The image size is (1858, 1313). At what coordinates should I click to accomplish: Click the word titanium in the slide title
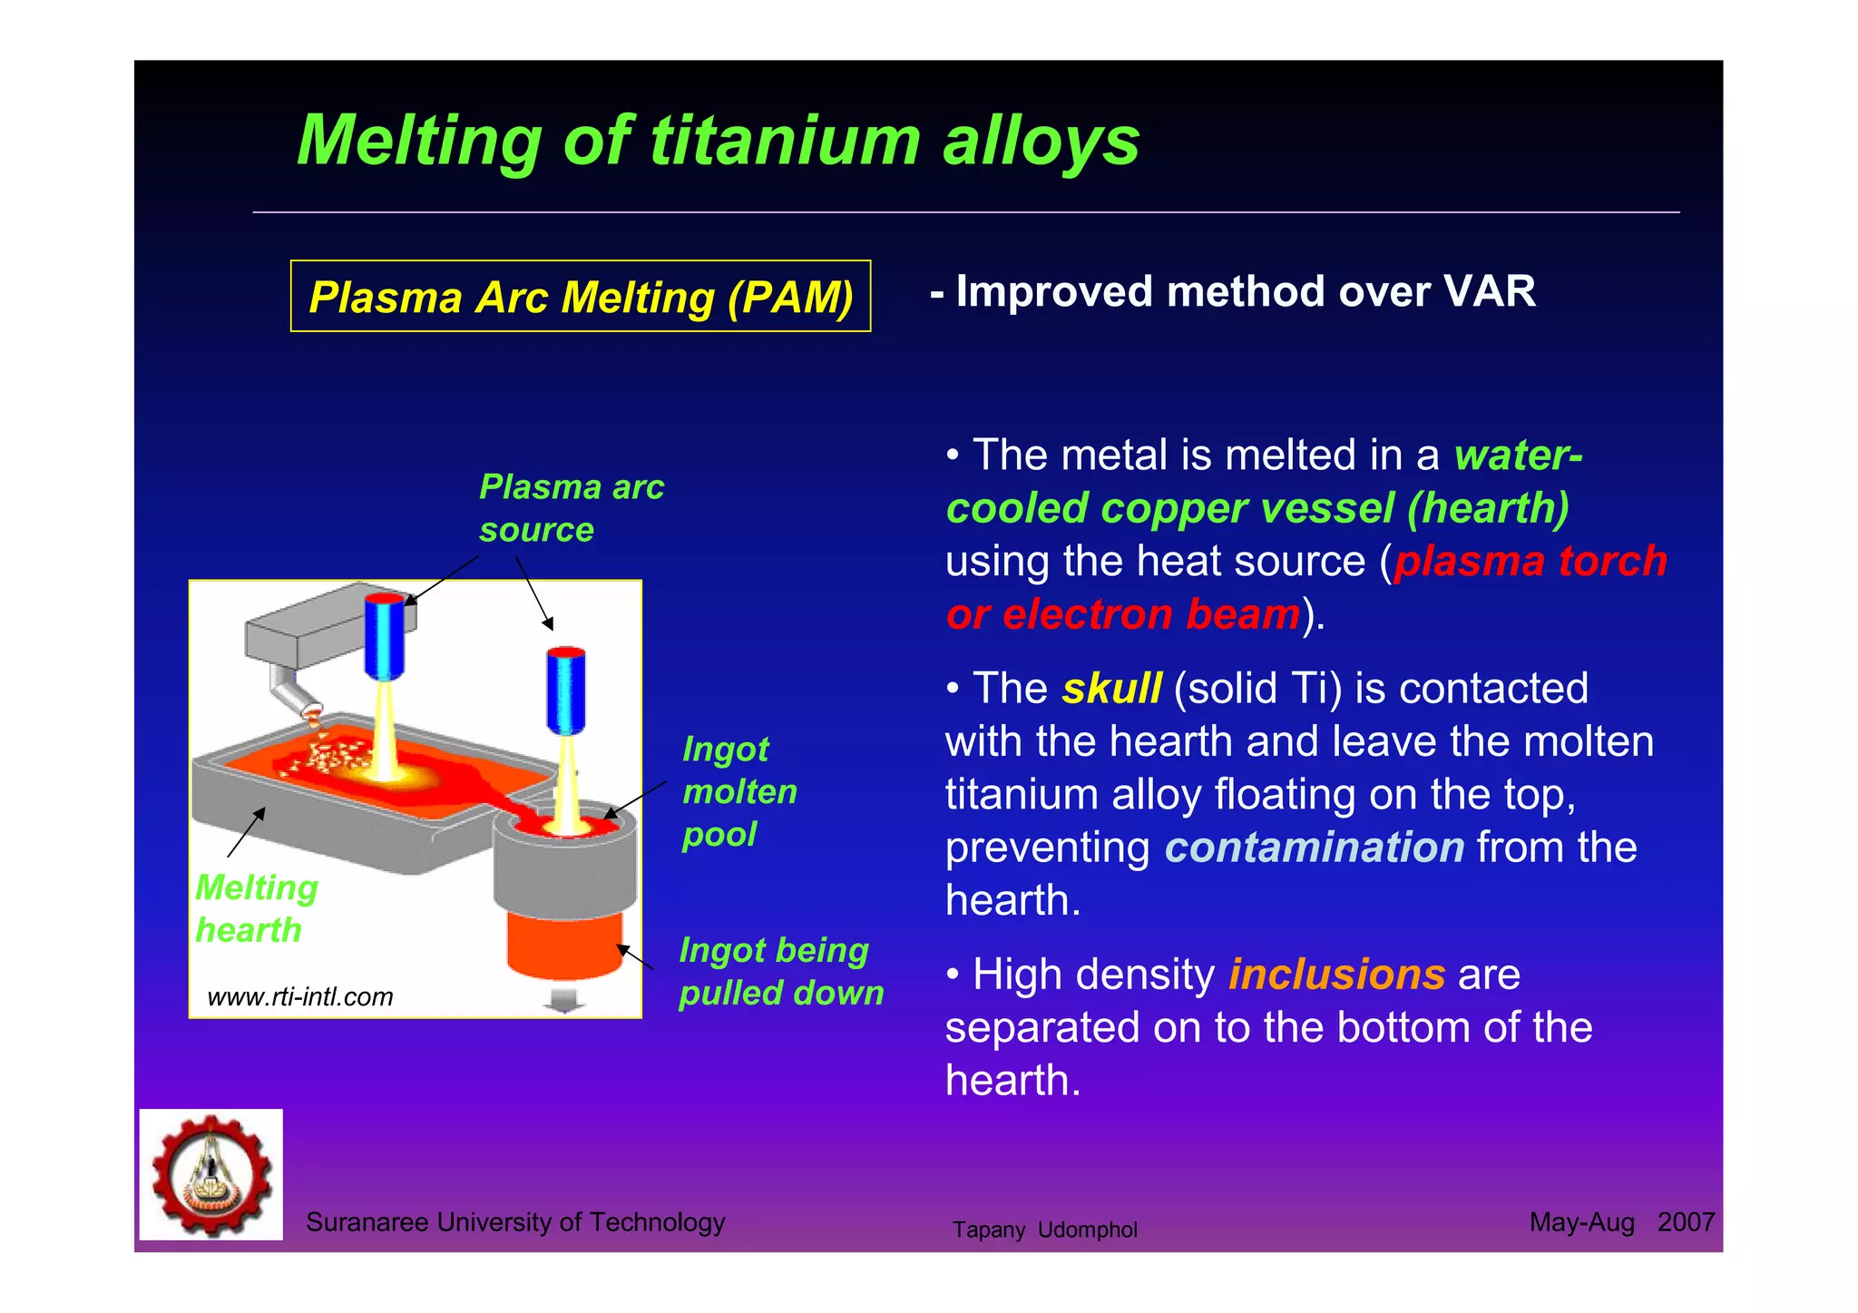pyautogui.click(x=786, y=142)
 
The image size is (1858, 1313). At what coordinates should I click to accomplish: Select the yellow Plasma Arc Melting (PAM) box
pyautogui.click(x=581, y=297)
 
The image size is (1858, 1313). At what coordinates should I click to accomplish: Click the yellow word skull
pyautogui.click(x=1111, y=689)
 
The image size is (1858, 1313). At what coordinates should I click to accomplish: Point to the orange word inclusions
pyautogui.click(x=1335, y=975)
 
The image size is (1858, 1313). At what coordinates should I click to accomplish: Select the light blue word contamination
pyautogui.click(x=1314, y=848)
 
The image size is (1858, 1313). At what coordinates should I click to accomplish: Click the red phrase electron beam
pyautogui.click(x=1150, y=614)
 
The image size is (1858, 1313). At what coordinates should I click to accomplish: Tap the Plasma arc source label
pyautogui.click(x=571, y=508)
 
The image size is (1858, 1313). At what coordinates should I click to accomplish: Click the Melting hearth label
pyautogui.click(x=256, y=908)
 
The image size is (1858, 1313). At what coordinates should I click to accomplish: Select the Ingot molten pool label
pyautogui.click(x=739, y=791)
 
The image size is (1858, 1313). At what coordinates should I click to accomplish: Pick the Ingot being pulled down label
pyautogui.click(x=780, y=971)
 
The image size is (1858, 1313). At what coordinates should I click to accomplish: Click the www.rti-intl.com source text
pyautogui.click(x=300, y=996)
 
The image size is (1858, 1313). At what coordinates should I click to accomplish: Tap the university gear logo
pyautogui.click(x=211, y=1174)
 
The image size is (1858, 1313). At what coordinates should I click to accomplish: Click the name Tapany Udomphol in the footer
pyautogui.click(x=1044, y=1230)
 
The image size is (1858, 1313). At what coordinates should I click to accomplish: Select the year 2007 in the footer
pyautogui.click(x=1685, y=1222)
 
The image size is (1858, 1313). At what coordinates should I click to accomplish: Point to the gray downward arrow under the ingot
pyautogui.click(x=563, y=1000)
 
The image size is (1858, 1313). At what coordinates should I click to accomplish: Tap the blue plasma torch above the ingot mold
pyautogui.click(x=565, y=690)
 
